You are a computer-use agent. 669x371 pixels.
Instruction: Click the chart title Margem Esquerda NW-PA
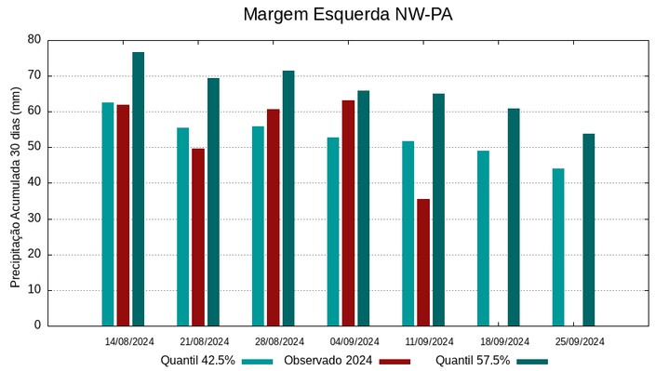point(334,15)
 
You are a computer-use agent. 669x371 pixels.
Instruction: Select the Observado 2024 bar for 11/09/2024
point(423,262)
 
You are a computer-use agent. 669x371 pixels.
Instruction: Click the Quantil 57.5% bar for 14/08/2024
point(139,189)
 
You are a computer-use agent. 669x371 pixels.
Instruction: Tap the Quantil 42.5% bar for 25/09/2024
point(558,247)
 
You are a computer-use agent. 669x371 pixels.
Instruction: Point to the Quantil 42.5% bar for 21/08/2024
point(183,227)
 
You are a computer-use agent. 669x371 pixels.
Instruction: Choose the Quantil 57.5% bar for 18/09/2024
point(514,218)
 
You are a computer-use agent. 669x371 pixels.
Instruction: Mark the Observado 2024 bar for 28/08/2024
point(274,218)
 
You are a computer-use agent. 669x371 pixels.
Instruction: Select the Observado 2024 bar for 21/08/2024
point(198,237)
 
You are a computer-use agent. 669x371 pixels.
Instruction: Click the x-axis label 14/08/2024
point(129,341)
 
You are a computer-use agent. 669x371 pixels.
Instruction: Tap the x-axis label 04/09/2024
point(355,341)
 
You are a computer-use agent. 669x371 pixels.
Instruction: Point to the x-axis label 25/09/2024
point(580,341)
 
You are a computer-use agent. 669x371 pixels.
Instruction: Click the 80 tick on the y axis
point(34,40)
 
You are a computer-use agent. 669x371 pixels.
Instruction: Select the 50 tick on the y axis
point(34,147)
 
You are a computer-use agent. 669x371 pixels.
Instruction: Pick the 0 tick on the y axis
point(38,325)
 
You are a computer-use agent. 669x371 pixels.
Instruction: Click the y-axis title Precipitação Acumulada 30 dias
point(15,189)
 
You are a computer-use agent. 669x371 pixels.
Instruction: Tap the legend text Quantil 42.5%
point(197,361)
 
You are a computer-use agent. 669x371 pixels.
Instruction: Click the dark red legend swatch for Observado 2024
point(395,361)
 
